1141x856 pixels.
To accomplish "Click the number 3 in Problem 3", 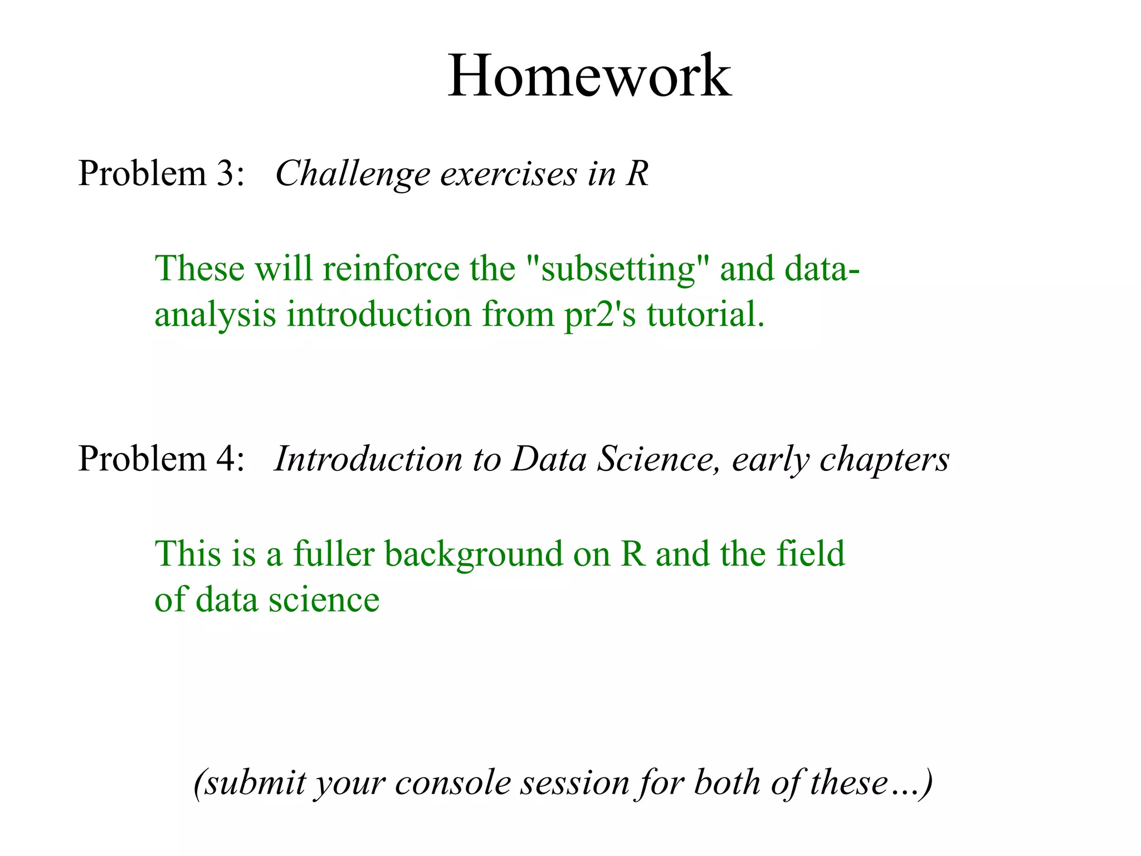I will pos(226,173).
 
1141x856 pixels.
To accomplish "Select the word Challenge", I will pos(352,174).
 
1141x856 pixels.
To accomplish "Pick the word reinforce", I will pos(391,269).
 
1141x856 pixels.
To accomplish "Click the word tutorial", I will pos(705,314).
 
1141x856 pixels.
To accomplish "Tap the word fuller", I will pos(334,554).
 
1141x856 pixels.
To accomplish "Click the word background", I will pos(474,555).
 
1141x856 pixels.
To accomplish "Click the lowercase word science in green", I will pos(324,600).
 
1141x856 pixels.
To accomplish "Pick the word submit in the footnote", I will pos(253,783).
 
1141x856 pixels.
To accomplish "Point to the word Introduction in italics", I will pos(368,459).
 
